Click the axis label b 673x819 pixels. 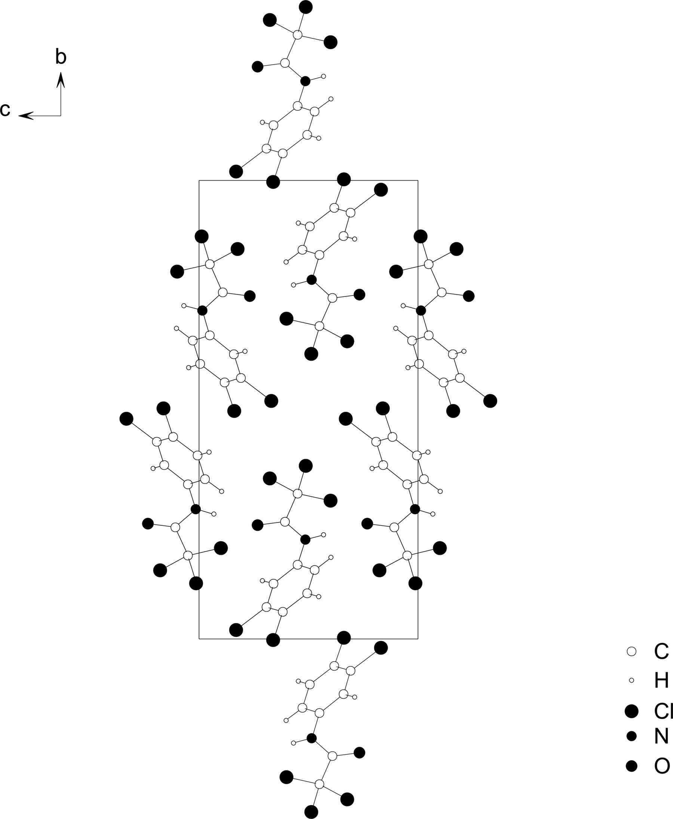coord(61,57)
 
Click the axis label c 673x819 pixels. coord(5,110)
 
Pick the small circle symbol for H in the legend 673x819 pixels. coord(631,680)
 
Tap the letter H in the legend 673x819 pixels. coord(661,680)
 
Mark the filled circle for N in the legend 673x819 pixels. coord(631,736)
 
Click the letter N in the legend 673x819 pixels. coord(661,736)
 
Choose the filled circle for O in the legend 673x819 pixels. coord(631,766)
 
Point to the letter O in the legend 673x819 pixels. coord(662,766)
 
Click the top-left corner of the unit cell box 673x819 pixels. coord(199,180)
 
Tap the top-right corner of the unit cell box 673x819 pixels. coord(418,180)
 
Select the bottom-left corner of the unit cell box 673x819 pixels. coord(199,639)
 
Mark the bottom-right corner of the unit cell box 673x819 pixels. coord(418,639)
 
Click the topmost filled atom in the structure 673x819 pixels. coord(306,7)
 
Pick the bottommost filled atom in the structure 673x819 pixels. coord(311,812)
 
